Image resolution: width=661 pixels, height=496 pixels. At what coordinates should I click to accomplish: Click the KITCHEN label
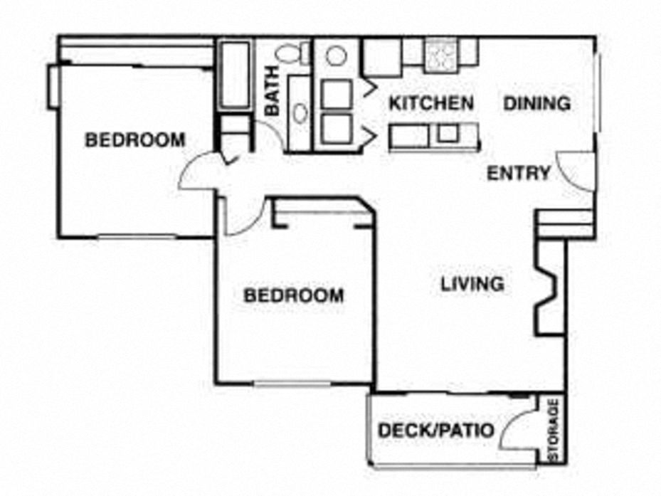430,103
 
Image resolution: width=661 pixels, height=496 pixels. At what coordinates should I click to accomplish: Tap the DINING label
537,103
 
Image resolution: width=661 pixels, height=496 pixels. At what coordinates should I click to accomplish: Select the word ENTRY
518,173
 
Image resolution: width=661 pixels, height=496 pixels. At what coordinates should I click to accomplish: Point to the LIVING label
472,284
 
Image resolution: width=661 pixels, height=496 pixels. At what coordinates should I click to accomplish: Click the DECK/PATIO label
435,431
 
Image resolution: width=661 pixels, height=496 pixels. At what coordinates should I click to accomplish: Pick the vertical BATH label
273,97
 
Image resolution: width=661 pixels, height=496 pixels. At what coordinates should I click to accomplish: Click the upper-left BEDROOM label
134,140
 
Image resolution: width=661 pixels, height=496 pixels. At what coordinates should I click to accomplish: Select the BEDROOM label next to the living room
293,295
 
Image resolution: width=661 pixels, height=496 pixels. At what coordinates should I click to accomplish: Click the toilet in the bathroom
291,53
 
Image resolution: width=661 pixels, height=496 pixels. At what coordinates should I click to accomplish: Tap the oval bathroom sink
300,112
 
